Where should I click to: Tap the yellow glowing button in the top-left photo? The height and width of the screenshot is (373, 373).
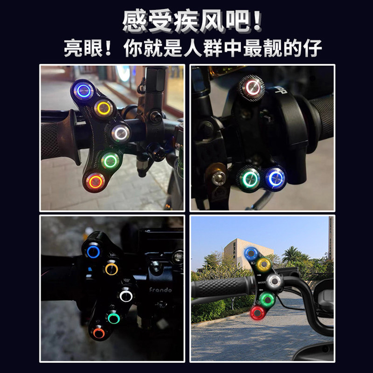104,109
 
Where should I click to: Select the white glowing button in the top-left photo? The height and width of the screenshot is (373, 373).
121,132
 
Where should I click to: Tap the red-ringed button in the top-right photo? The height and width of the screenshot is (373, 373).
252,87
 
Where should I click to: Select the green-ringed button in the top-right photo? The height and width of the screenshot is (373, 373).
249,179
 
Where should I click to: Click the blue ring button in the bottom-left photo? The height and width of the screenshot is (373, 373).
92,252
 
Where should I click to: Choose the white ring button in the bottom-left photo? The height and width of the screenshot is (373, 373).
125,296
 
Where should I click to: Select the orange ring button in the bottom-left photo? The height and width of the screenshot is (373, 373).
98,332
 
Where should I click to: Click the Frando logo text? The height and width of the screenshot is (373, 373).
160,290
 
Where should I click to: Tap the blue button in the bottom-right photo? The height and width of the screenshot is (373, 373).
251,254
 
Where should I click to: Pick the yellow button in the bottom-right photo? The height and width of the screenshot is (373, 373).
263,265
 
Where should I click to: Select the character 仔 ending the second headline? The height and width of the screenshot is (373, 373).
312,48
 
